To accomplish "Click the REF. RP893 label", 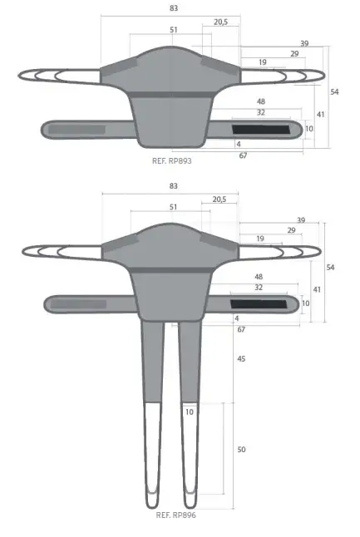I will (x=173, y=160).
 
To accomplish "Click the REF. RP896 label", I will (x=175, y=515).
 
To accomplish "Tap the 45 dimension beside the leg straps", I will (x=241, y=359).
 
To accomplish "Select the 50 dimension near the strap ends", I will (x=241, y=449).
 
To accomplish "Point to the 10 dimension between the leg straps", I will (x=189, y=411).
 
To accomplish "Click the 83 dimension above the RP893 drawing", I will (x=173, y=7).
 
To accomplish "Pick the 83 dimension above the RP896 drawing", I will (x=173, y=186).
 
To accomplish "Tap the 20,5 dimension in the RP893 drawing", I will (x=220, y=22).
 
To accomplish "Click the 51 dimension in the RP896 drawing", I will (x=173, y=207).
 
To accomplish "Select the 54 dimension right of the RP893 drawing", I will (x=334, y=91).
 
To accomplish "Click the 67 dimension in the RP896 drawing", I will (x=241, y=330).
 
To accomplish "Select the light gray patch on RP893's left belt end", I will (x=76, y=130).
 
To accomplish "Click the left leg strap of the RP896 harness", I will (x=151, y=407).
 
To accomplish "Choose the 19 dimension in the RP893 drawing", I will (x=262, y=62).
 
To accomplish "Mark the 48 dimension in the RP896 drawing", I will (x=259, y=276).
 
